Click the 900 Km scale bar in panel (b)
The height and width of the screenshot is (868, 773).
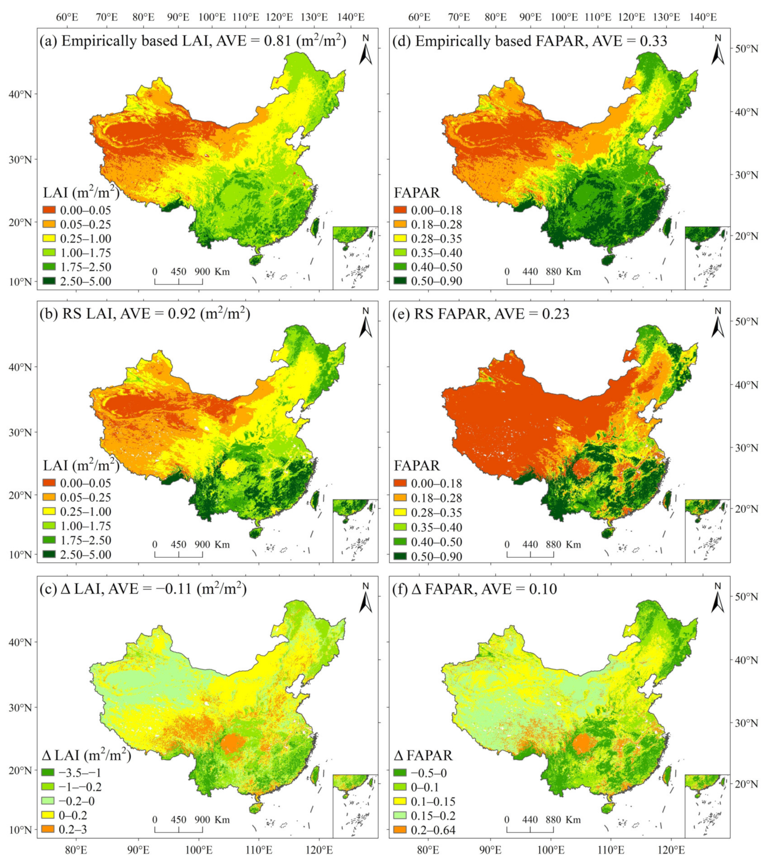coord(178,553)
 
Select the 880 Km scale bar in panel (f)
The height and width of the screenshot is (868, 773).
coord(530,828)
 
